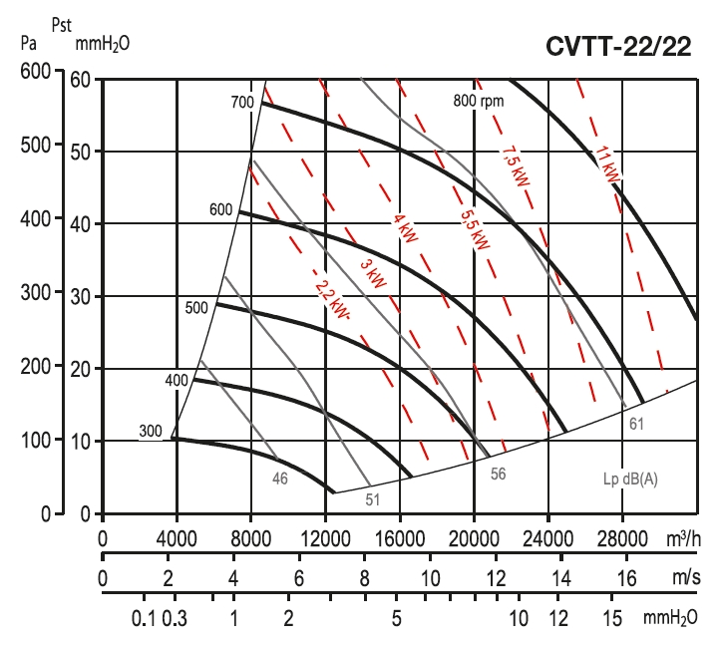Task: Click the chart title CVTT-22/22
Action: pos(618,48)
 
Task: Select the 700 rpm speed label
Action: pos(242,103)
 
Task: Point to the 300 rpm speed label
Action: pos(150,432)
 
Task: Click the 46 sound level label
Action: pos(280,479)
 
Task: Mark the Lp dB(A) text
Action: pos(630,478)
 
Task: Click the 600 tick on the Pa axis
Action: pos(36,72)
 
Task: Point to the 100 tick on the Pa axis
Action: pos(36,440)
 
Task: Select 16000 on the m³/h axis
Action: pos(400,538)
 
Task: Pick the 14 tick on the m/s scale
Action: pos(561,579)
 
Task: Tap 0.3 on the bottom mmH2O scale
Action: pos(175,618)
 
